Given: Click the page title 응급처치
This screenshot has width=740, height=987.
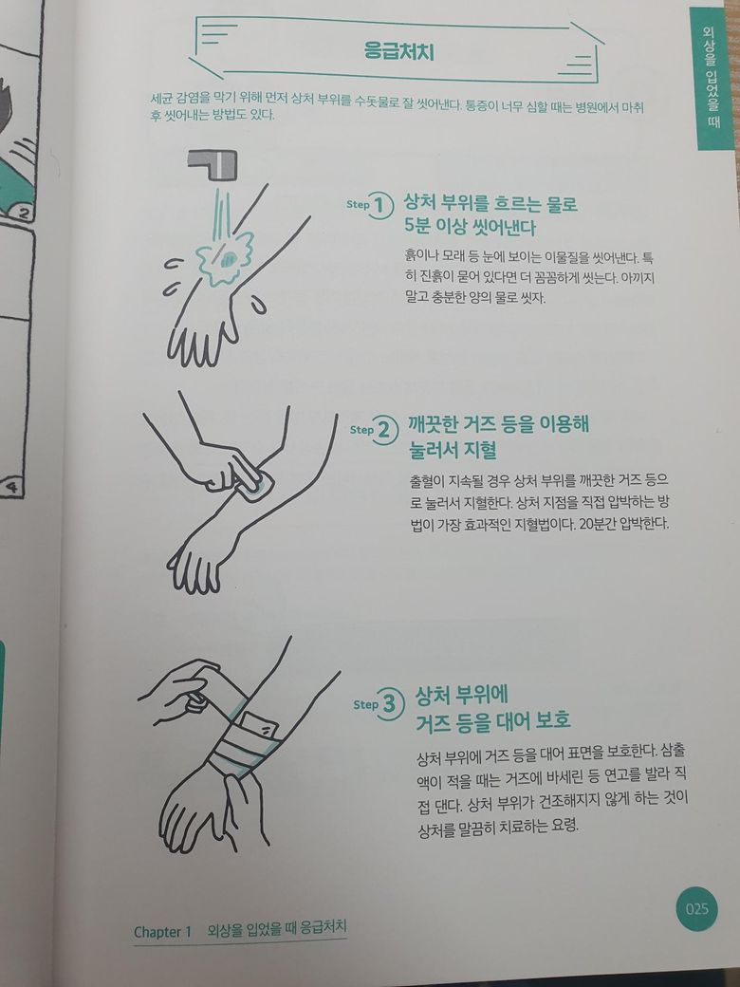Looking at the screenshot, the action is (x=399, y=50).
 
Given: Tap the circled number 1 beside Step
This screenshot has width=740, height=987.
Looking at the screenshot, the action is (x=380, y=205).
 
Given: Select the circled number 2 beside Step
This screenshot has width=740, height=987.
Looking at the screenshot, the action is (x=385, y=430).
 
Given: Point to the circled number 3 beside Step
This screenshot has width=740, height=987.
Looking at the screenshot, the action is (x=390, y=704).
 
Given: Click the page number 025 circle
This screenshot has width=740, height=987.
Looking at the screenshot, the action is (x=696, y=909).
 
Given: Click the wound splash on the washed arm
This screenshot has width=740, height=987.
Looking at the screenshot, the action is (x=224, y=257).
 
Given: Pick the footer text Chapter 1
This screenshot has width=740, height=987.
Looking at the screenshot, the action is (x=162, y=932).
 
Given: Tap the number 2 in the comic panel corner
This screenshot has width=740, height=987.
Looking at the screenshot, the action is (x=24, y=214).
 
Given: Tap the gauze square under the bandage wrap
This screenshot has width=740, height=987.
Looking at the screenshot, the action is (x=258, y=728).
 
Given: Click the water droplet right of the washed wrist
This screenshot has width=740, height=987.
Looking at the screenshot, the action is (x=258, y=306).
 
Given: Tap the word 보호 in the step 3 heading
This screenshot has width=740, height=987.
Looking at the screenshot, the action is (x=552, y=719).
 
